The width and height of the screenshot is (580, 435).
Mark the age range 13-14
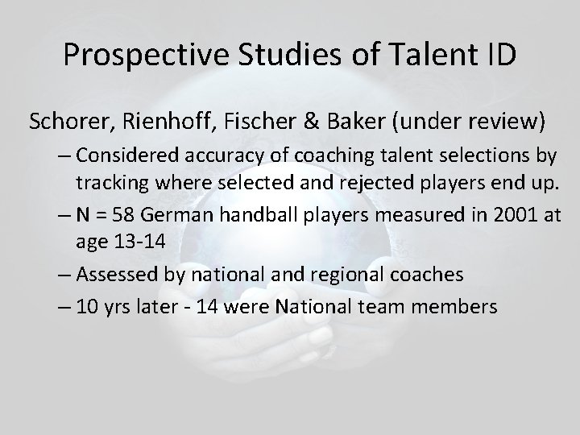click(137, 240)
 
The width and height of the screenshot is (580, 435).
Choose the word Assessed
click(113, 274)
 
